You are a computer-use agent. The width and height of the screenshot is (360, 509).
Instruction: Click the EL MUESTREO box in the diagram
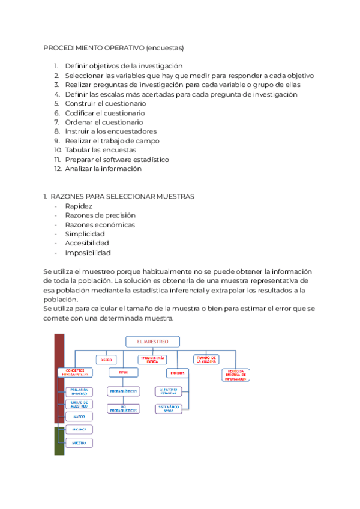(153, 342)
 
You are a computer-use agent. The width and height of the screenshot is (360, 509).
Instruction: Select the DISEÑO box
(106, 360)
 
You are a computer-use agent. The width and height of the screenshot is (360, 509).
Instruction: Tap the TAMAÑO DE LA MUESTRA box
(206, 360)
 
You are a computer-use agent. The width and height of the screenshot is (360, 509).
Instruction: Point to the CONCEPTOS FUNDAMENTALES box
(76, 372)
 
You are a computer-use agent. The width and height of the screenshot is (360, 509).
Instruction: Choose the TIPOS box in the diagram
(123, 372)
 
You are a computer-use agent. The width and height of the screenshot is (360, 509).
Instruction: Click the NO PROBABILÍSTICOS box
(123, 409)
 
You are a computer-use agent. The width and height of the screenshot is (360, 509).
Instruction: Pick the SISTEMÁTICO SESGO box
(170, 408)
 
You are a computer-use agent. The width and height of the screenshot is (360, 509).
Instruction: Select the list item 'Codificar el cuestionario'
(104, 113)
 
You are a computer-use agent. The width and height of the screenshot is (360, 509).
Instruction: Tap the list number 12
(58, 169)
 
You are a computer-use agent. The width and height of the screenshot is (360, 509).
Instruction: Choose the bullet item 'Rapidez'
(79, 206)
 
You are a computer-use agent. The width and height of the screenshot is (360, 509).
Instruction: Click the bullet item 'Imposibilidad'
(88, 253)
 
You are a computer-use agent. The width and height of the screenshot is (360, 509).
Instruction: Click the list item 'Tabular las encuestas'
(100, 150)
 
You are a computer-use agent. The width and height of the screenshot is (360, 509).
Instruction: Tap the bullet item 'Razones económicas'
(100, 224)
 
